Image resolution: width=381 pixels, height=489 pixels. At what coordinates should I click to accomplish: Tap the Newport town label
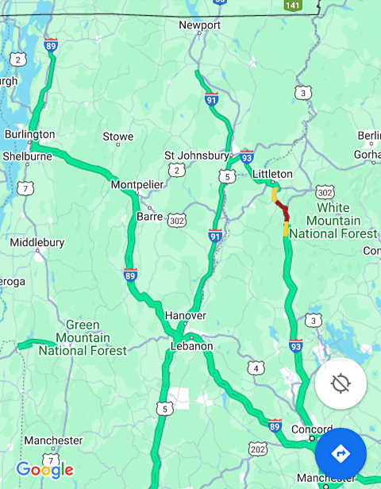pyautogui.click(x=199, y=25)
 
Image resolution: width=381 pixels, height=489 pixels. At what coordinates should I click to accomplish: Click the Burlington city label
pyautogui.click(x=29, y=134)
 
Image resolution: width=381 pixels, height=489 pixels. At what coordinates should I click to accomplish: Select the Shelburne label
pyautogui.click(x=26, y=156)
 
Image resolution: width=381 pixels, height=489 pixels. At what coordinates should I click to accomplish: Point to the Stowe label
pyautogui.click(x=118, y=137)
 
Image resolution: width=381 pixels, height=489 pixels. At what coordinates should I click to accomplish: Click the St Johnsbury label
pyautogui.click(x=196, y=155)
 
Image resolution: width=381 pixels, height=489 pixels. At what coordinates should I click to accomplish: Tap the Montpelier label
pyautogui.click(x=137, y=184)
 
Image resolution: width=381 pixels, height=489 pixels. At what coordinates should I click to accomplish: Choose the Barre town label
pyautogui.click(x=149, y=215)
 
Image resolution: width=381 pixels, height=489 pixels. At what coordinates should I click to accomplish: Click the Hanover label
pyautogui.click(x=185, y=315)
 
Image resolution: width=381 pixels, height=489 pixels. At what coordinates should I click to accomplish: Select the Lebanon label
pyautogui.click(x=191, y=346)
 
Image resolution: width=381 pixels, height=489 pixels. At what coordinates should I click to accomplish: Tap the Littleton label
pyautogui.click(x=272, y=174)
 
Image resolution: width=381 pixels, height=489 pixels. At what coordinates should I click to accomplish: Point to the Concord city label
pyautogui.click(x=311, y=429)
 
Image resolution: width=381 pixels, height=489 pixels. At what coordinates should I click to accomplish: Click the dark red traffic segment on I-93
pyautogui.click(x=282, y=210)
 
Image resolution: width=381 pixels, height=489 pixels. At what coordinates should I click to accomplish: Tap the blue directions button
pyautogui.click(x=341, y=453)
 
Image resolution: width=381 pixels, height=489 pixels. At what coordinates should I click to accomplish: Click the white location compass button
pyautogui.click(x=341, y=383)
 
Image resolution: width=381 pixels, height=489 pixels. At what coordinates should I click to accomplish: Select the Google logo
pyautogui.click(x=44, y=470)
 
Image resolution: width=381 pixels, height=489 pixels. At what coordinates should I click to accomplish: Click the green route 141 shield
pyautogui.click(x=293, y=5)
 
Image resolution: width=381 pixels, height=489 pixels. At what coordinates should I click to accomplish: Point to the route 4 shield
pyautogui.click(x=255, y=368)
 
